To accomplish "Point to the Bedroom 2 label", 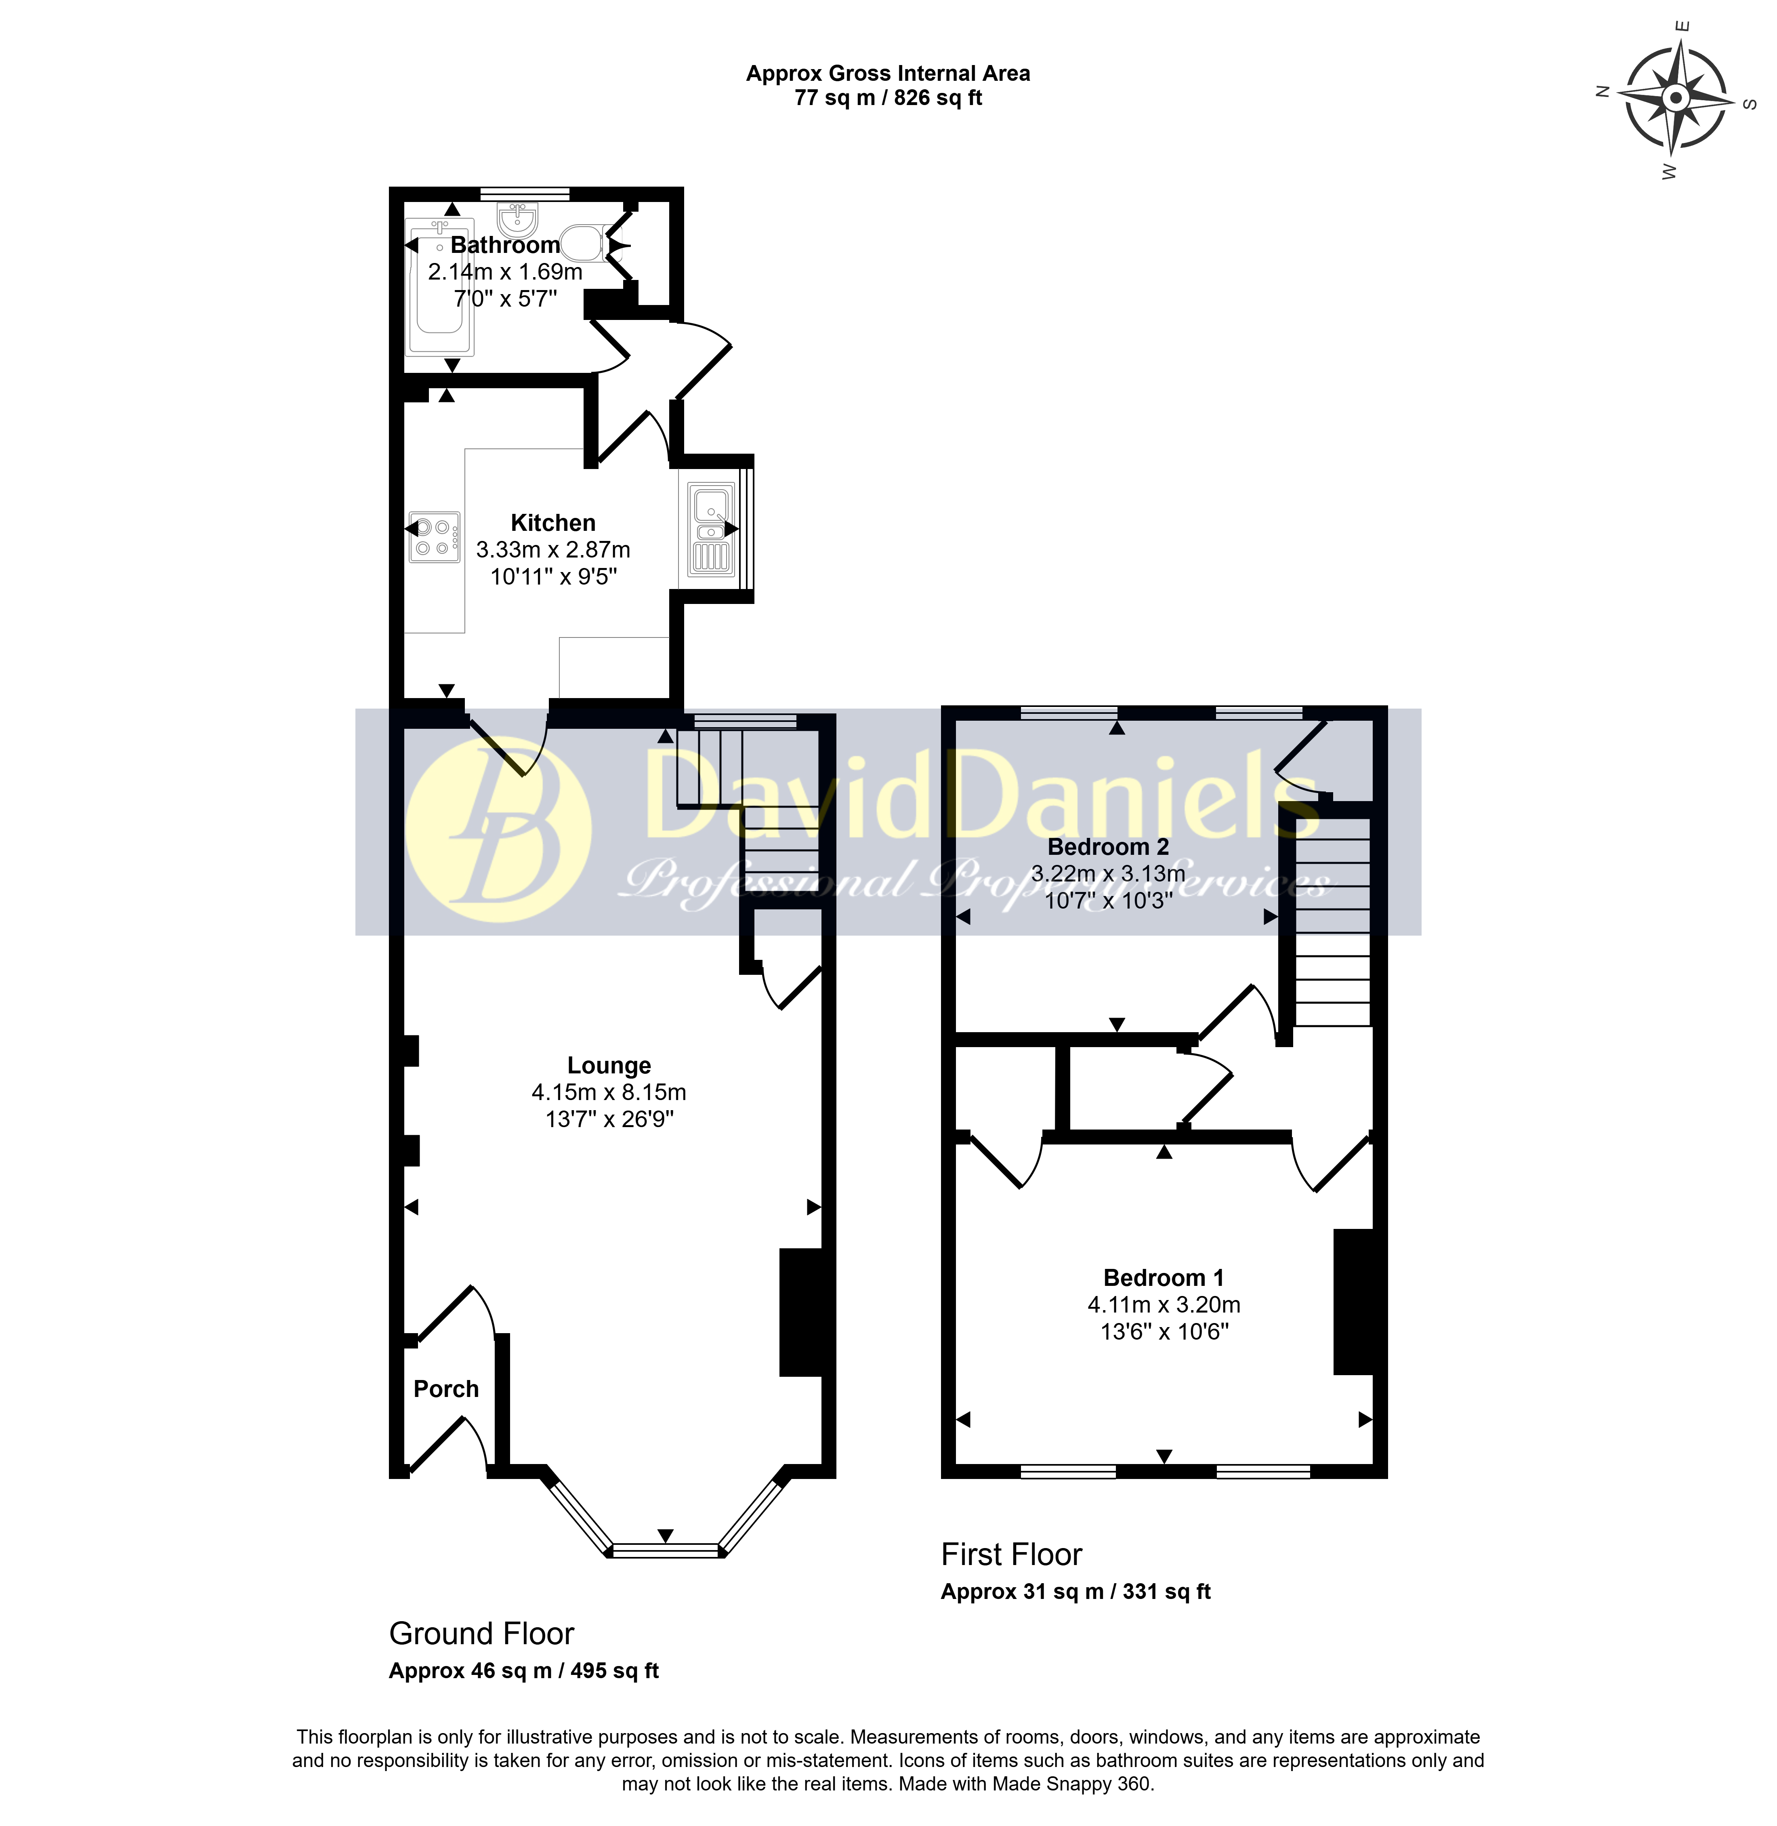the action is click(1108, 847).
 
